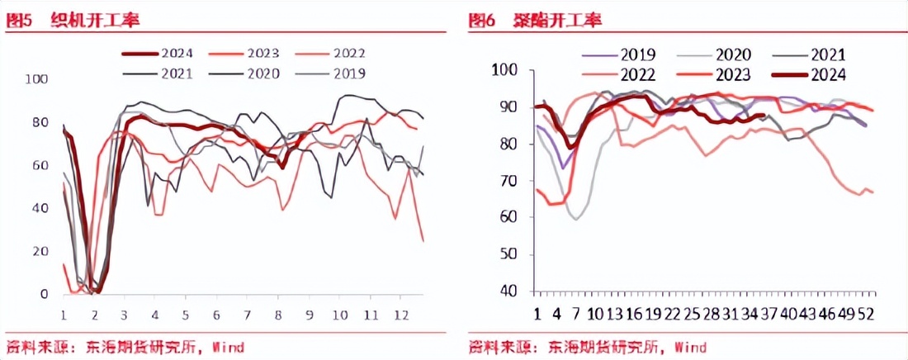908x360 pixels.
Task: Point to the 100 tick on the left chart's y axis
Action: pyautogui.click(x=38, y=79)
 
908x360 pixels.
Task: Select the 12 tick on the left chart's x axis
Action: pyautogui.click(x=401, y=315)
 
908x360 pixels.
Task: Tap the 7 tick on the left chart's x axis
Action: pyautogui.click(x=247, y=315)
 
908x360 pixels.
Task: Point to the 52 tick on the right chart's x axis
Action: pyautogui.click(x=867, y=314)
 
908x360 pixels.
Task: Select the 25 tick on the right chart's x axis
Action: pyautogui.click(x=693, y=314)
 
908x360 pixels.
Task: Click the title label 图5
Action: pyautogui.click(x=19, y=21)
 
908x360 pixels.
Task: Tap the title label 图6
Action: pyautogui.click(x=481, y=21)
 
